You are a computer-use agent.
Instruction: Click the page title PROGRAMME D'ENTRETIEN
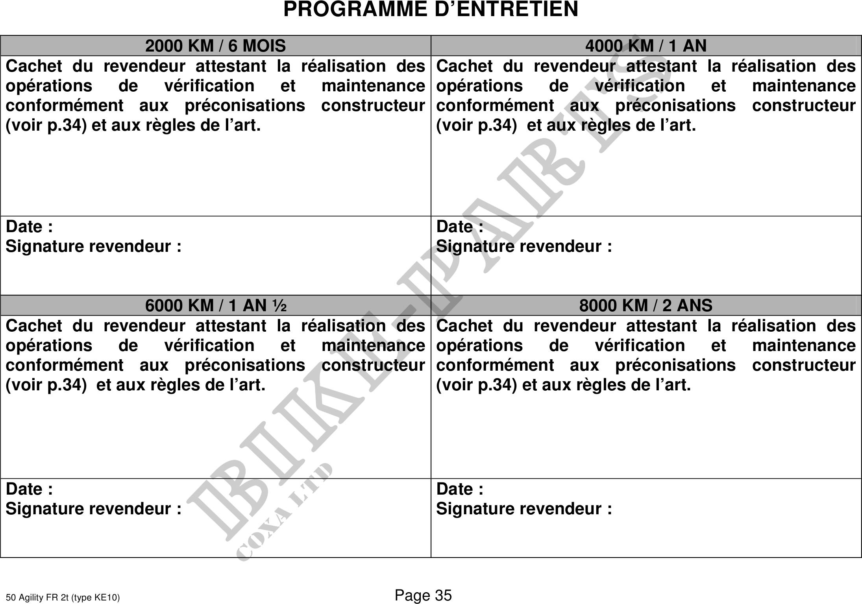pos(431,9)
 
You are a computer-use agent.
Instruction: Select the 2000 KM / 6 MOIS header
pos(215,46)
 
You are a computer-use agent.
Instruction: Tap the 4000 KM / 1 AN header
pos(646,46)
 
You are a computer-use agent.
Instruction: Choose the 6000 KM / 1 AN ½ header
pos(216,306)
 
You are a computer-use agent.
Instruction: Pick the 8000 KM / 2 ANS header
pos(646,306)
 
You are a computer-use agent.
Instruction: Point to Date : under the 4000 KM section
pos(460,227)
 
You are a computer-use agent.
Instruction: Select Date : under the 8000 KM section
pos(460,489)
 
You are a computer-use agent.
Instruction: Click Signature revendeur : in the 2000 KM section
pos(94,247)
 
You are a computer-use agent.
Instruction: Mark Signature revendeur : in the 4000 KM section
pos(524,247)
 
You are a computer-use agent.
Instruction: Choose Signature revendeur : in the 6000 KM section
pos(94,509)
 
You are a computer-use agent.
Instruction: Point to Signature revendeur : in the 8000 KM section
pos(524,509)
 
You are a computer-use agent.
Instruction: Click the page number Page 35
pos(423,595)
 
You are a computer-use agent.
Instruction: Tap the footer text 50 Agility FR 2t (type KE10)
pos(63,598)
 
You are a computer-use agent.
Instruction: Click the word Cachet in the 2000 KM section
pos(34,66)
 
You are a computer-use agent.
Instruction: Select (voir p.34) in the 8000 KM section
pos(476,385)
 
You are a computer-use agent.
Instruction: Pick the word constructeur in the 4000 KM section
pos(804,106)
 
